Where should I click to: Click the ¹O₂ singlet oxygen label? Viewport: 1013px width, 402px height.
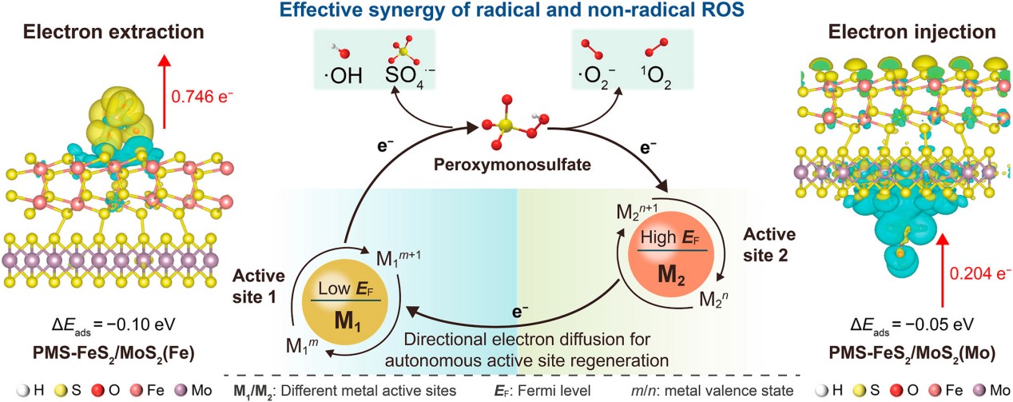657,78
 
